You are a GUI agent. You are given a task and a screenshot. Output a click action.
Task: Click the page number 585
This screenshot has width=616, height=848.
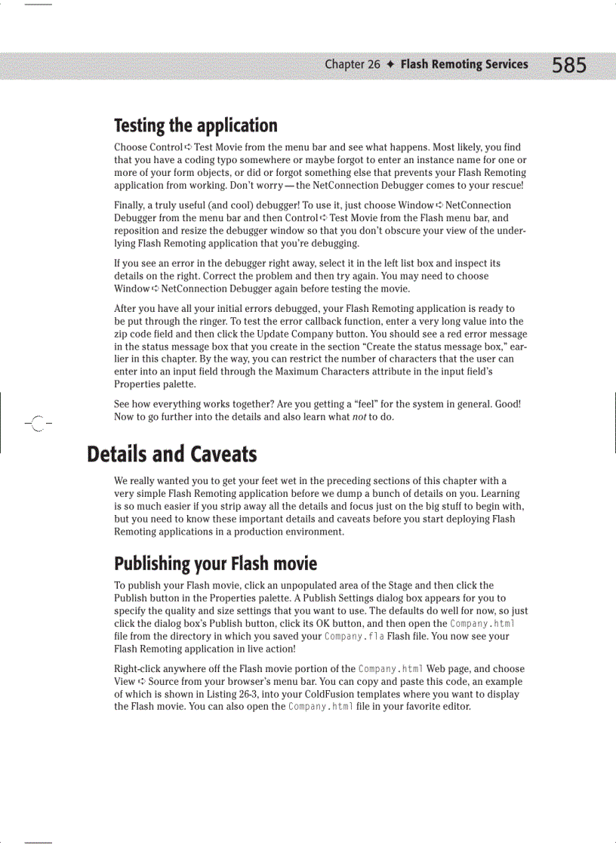coord(568,66)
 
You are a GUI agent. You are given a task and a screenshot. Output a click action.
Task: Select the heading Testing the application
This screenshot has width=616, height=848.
coord(196,125)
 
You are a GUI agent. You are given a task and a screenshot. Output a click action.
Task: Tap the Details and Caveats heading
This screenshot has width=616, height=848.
coord(171,454)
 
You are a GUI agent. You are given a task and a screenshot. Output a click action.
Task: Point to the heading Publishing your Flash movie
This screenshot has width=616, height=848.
coord(215,563)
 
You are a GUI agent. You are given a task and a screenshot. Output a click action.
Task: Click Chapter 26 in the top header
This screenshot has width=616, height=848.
coord(352,64)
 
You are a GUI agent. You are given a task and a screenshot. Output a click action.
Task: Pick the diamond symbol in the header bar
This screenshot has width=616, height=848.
coord(390,64)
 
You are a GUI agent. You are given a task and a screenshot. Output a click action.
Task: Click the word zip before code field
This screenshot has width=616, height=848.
coord(122,334)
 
